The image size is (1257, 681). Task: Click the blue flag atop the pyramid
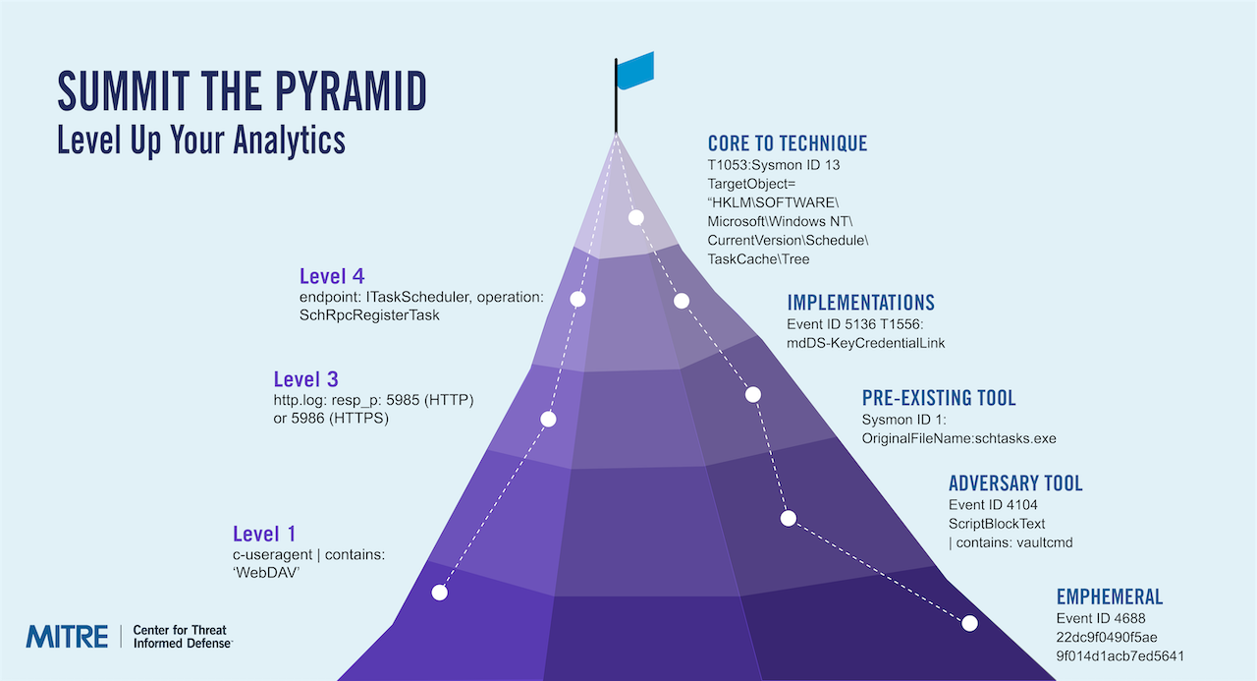coord(634,71)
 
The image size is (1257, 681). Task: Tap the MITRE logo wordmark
coord(67,636)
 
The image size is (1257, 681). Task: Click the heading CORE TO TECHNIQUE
coord(788,143)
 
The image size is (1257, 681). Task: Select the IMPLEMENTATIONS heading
coord(860,303)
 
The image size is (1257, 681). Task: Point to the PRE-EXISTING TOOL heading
coord(939,398)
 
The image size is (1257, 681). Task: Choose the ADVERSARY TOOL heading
coord(1015,483)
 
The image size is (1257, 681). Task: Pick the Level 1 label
coord(263,535)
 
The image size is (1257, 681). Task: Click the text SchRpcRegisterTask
coord(370,315)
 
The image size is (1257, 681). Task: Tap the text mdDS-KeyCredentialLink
coord(865,343)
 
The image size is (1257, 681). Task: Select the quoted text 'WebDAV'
coord(266,574)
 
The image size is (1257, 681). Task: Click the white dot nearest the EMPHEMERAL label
coord(970,623)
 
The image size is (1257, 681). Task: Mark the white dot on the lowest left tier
coord(439,593)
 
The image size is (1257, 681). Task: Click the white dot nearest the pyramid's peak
coord(635,217)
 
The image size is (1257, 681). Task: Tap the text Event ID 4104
coord(993,505)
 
